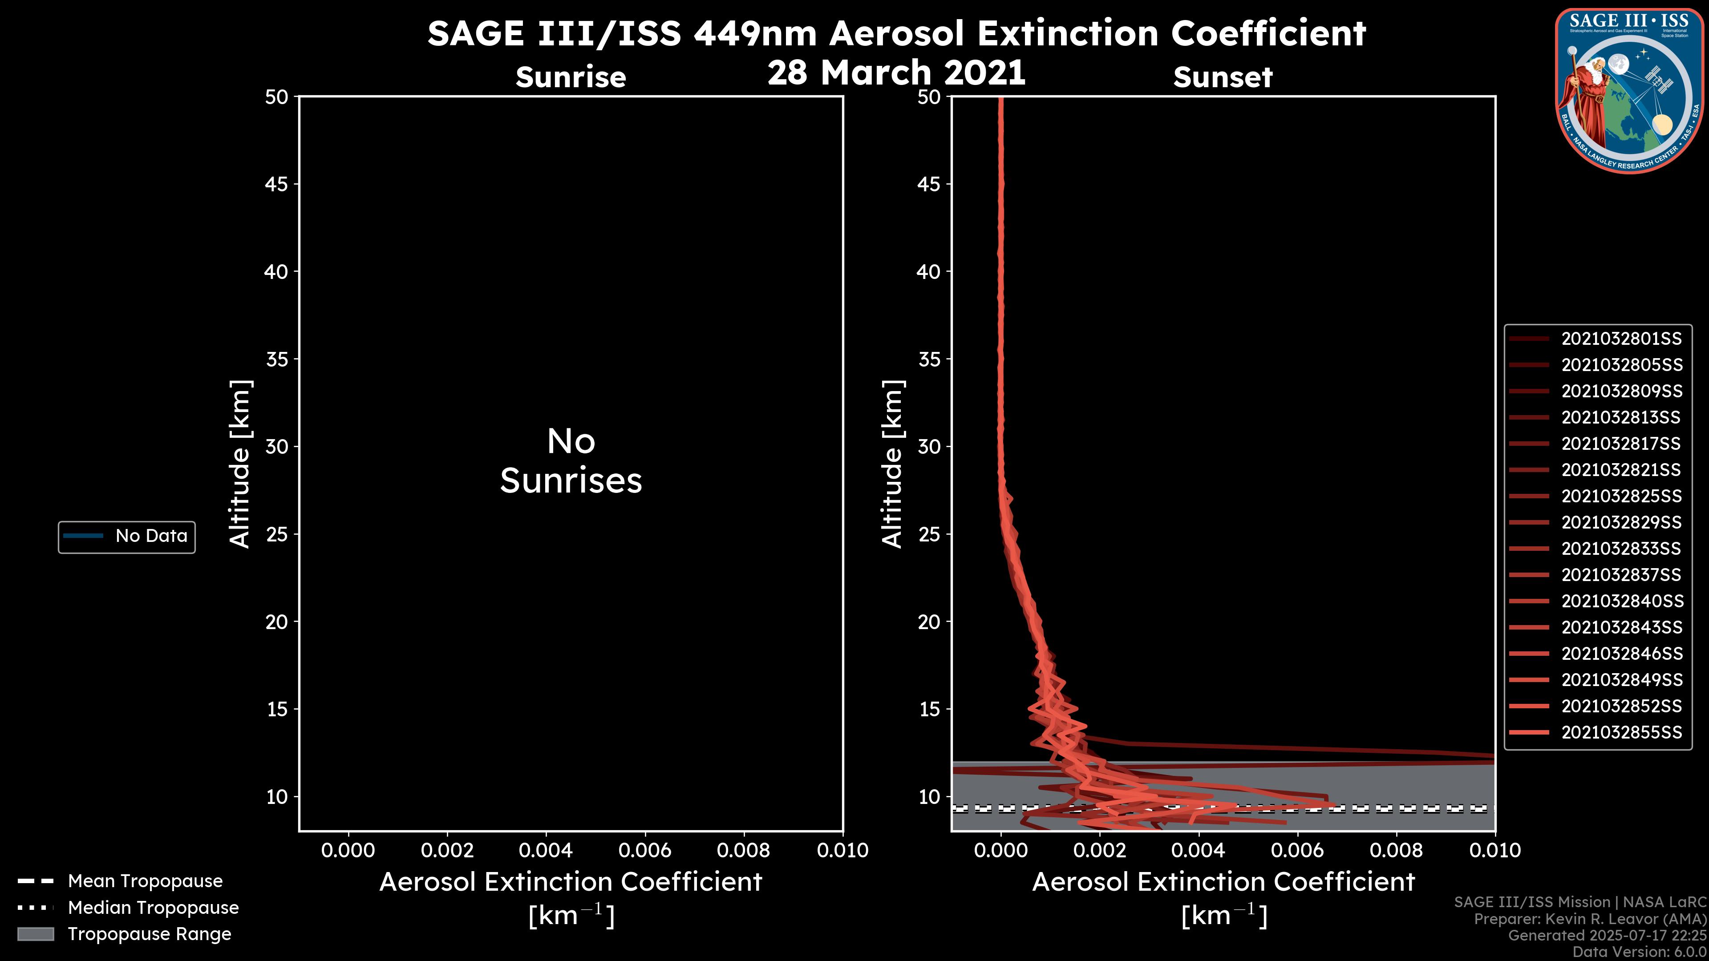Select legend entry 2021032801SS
tap(1621, 339)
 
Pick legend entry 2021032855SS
tap(1621, 732)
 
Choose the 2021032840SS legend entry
tap(1621, 601)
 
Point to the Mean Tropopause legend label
tap(145, 881)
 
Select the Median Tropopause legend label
tap(153, 907)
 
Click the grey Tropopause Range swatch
tap(35, 934)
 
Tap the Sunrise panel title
tap(571, 77)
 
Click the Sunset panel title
tap(1223, 77)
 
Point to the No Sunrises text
tap(571, 461)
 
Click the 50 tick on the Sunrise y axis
tap(277, 97)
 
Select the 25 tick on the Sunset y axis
tap(929, 534)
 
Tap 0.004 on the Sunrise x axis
tap(545, 850)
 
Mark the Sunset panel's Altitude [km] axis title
tap(892, 464)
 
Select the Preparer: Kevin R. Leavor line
tap(1590, 919)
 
